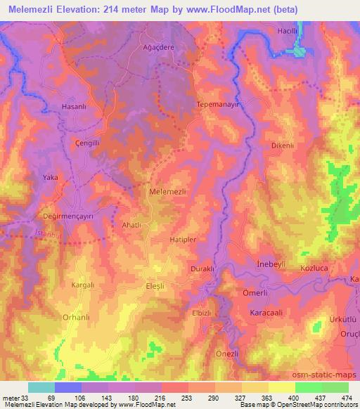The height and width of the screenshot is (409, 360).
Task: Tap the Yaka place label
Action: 51,178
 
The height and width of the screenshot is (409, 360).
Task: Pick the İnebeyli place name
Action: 271,263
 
